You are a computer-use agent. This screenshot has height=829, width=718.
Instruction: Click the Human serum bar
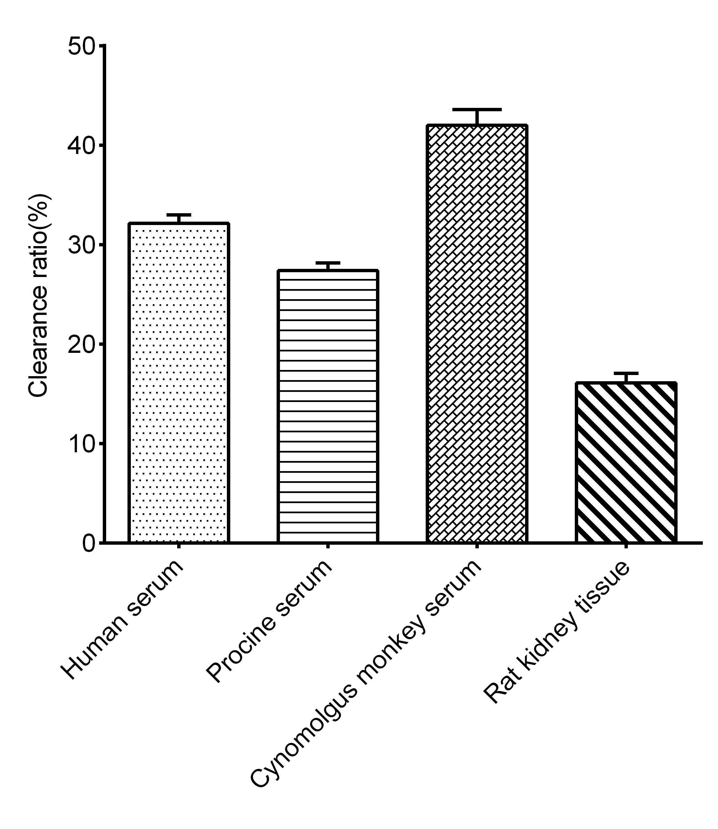point(179,383)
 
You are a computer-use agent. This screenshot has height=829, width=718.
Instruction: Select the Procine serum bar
point(328,406)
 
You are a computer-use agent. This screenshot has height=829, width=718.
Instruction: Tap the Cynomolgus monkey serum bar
point(477,334)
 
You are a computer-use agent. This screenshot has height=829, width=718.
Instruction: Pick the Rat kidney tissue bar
point(626,463)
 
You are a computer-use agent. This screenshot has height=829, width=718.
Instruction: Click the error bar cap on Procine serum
point(328,263)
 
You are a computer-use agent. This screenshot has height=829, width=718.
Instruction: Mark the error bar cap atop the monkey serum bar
point(477,110)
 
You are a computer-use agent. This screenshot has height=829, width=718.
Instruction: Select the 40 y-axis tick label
point(81,146)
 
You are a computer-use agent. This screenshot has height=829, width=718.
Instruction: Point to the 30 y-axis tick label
point(81,245)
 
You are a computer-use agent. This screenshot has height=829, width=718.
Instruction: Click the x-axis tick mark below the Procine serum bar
point(328,546)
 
